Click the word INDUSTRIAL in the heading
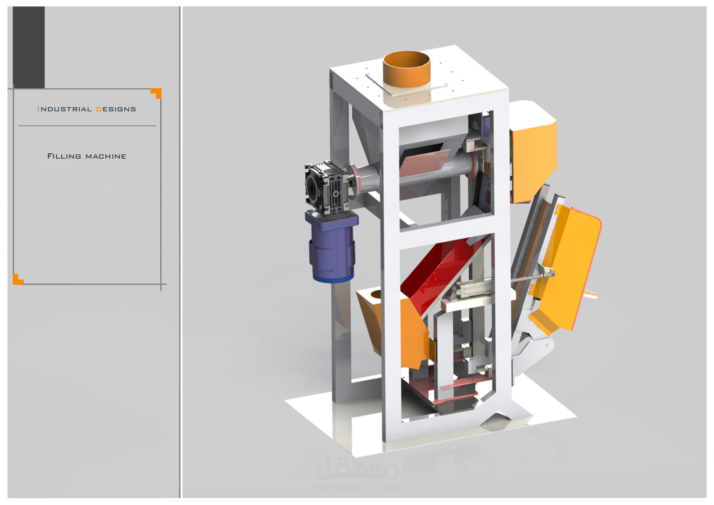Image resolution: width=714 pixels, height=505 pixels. (x=64, y=109)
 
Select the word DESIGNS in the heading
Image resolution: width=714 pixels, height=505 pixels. (x=116, y=109)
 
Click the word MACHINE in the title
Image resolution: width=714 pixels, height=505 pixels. (x=106, y=156)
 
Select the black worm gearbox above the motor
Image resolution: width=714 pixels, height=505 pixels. (x=326, y=187)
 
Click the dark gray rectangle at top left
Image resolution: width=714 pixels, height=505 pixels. (x=29, y=47)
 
